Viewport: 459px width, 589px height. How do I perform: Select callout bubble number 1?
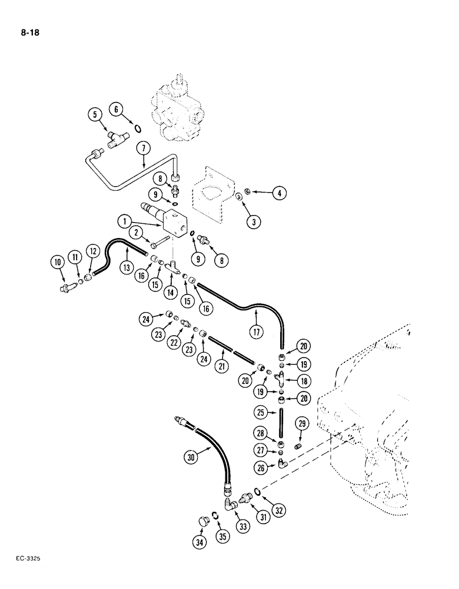[124, 223]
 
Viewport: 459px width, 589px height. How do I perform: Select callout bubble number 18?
[303, 382]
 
